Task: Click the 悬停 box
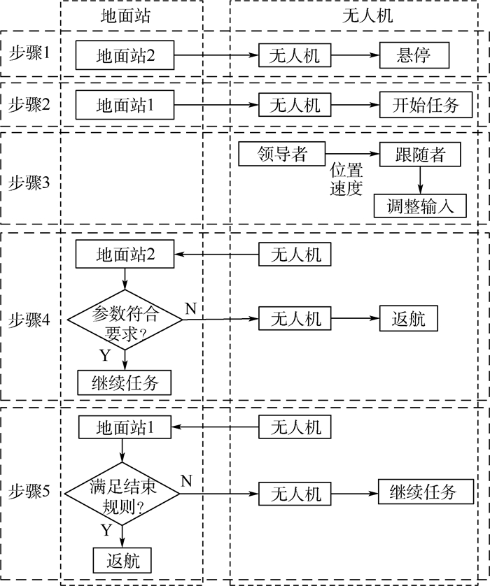pyautogui.click(x=414, y=55)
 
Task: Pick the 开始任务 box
pyautogui.click(x=422, y=106)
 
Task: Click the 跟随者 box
pyautogui.click(x=421, y=154)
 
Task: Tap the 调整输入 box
pyautogui.click(x=421, y=205)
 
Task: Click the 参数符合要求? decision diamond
pyautogui.click(x=125, y=320)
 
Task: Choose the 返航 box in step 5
pyautogui.click(x=122, y=559)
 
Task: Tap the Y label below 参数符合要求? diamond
pyautogui.click(x=105, y=355)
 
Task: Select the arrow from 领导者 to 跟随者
pyautogui.click(x=353, y=154)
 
